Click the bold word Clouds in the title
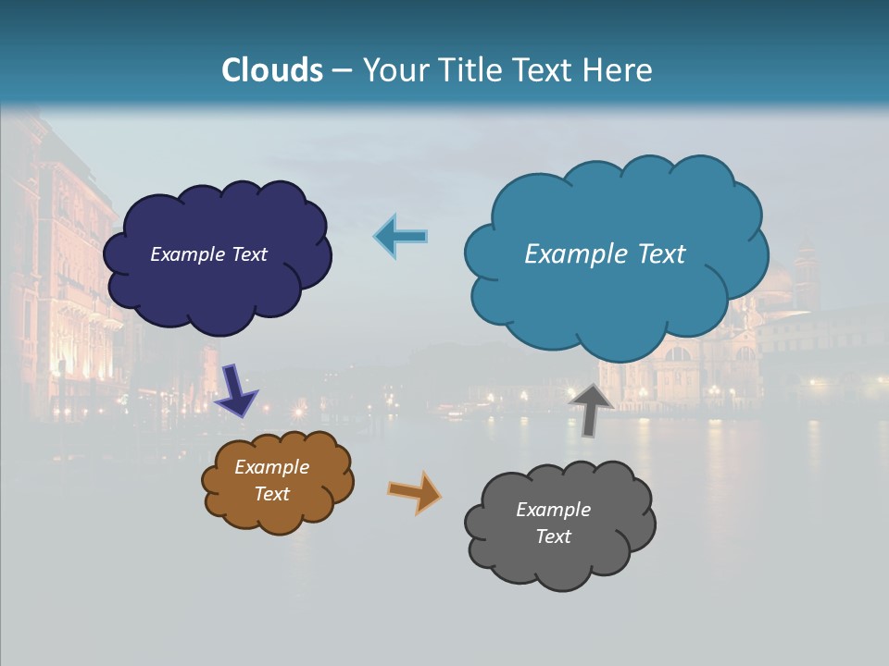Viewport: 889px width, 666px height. coord(272,70)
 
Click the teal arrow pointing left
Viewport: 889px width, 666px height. coord(401,236)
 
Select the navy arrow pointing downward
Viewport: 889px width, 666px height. coord(236,389)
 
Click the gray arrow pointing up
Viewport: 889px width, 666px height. coord(591,408)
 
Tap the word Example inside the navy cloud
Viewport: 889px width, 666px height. coord(188,254)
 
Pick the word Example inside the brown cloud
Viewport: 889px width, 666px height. coord(271,467)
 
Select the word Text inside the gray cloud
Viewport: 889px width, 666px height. coord(553,536)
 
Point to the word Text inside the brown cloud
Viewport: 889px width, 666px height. coord(272,494)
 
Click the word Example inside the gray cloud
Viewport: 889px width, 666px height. coord(553,510)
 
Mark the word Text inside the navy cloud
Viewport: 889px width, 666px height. coord(247,254)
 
